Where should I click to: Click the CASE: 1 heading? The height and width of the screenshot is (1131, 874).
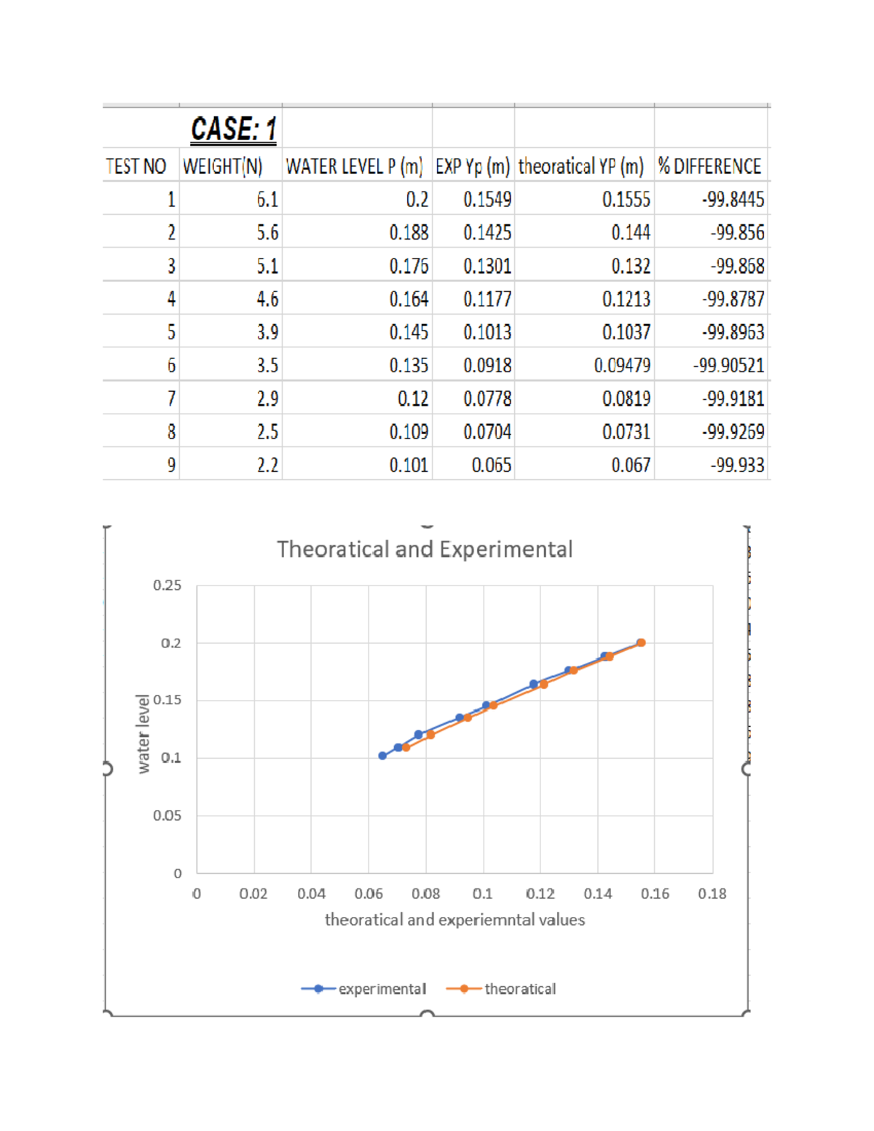[x=233, y=129]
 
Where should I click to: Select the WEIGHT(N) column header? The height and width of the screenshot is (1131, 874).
[x=222, y=167]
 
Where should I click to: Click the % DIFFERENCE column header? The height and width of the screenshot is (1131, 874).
[x=709, y=167]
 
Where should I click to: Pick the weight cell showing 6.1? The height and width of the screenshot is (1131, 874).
[x=267, y=200]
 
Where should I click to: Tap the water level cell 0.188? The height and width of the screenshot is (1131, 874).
[x=409, y=233]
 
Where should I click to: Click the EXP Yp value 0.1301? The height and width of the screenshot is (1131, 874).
[x=487, y=267]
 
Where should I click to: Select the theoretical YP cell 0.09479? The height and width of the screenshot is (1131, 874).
[x=622, y=366]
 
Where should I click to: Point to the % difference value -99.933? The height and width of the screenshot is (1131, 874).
[x=737, y=465]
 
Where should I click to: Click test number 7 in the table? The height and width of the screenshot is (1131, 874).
[x=171, y=399]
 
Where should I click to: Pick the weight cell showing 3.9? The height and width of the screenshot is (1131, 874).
[x=267, y=333]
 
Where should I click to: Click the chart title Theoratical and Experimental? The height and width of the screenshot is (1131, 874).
[x=425, y=549]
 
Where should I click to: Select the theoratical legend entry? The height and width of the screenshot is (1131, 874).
[x=502, y=989]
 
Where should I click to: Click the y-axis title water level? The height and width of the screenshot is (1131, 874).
[x=143, y=733]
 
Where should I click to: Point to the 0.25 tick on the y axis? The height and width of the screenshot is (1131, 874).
[x=167, y=586]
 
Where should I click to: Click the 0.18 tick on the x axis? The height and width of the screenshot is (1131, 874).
[x=712, y=894]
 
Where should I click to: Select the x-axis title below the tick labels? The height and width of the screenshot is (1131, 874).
[x=454, y=920]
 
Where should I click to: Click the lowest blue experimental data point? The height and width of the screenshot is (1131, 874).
[x=382, y=756]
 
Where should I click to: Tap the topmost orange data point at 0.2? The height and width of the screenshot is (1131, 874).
[x=641, y=642]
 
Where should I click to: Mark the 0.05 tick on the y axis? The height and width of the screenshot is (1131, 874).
[x=167, y=816]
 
